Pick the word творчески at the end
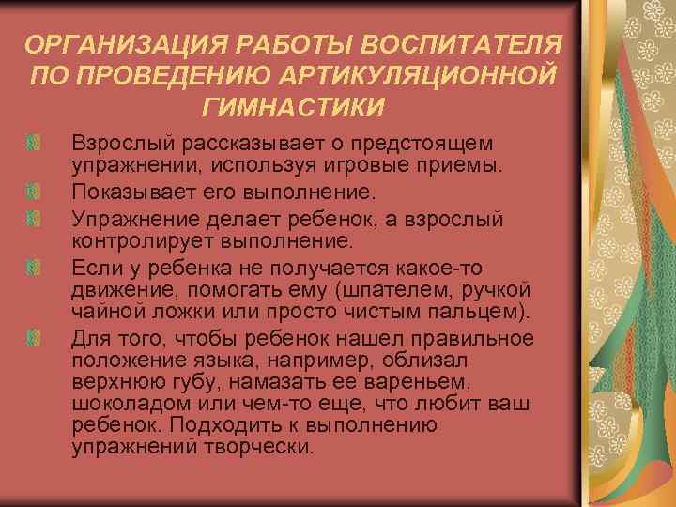pyautogui.click(x=258, y=446)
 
